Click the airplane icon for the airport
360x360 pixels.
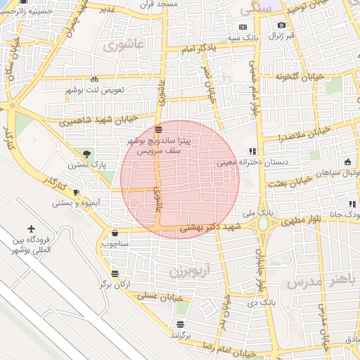tap(32, 229)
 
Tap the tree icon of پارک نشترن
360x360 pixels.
tap(86, 153)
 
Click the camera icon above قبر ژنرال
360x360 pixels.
tap(282, 25)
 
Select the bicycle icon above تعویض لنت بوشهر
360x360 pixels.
tap(95, 79)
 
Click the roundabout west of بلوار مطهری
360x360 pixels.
tap(264, 224)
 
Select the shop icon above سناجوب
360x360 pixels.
tap(115, 233)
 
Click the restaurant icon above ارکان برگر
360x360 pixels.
tap(115, 274)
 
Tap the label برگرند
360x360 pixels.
tap(181, 335)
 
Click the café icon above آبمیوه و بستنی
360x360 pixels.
tap(76, 192)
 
